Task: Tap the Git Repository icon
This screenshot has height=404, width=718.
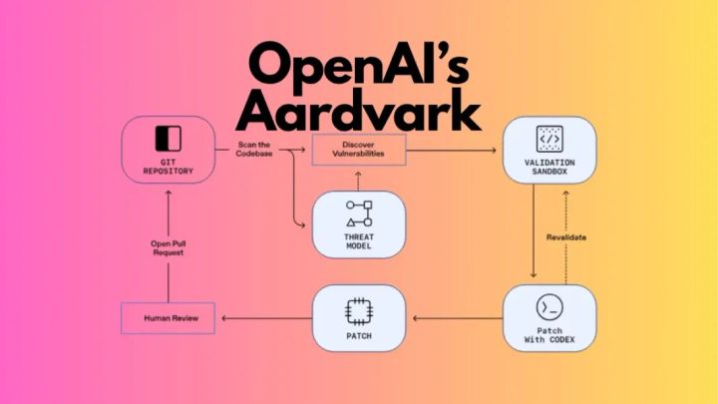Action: [x=168, y=137]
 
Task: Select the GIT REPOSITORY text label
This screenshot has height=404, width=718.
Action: [x=168, y=166]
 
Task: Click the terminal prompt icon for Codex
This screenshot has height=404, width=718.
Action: [x=549, y=305]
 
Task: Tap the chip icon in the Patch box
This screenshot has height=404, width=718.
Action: [x=359, y=311]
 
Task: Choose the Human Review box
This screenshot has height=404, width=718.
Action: [x=168, y=319]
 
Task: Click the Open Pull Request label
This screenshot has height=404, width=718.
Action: [x=168, y=245]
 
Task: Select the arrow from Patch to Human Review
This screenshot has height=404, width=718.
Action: [x=264, y=319]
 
